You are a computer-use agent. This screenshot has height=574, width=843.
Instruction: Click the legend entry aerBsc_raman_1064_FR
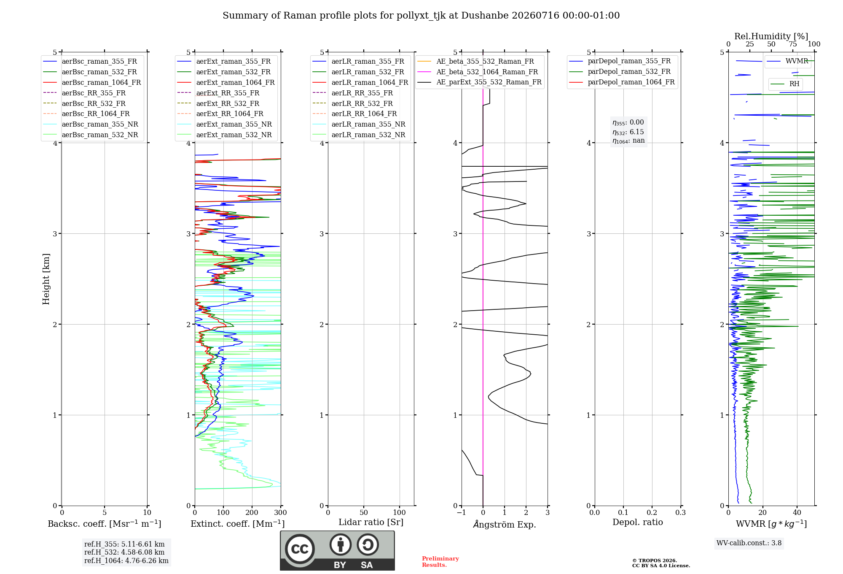point(92,82)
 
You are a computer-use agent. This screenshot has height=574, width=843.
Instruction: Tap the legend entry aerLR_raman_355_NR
point(359,124)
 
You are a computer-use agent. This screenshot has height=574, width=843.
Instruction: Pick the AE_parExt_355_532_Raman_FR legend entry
point(479,82)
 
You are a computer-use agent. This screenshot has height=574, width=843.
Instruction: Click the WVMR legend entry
point(787,61)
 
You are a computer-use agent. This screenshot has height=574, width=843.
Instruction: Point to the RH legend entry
point(785,84)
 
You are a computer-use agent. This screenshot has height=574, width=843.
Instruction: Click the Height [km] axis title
point(46,279)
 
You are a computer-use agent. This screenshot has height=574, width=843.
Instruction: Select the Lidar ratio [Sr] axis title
point(371,522)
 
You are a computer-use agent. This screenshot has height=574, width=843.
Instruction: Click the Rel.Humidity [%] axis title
point(771,36)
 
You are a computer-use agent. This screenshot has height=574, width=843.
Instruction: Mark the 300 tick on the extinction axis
point(281,512)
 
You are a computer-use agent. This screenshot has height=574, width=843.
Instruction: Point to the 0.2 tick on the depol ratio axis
point(652,512)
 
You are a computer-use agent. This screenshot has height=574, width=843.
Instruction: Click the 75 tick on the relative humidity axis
point(793,44)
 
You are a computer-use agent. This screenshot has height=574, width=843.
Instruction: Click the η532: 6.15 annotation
point(628,132)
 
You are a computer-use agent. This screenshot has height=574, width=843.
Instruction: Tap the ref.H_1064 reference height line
point(126,560)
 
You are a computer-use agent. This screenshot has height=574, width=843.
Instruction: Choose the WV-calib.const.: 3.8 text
point(749,543)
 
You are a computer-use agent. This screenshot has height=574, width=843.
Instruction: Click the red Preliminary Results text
point(440,562)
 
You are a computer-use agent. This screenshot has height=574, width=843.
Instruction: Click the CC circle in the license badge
point(300,549)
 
